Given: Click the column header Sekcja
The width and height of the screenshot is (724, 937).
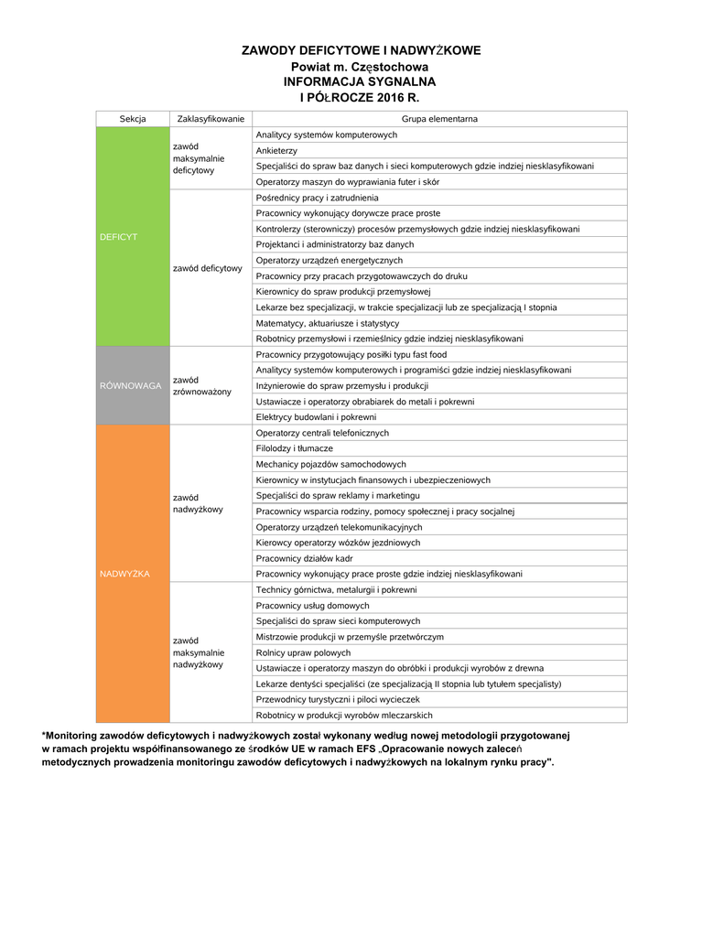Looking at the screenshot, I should [x=133, y=119].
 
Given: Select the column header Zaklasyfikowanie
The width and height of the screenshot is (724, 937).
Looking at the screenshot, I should [x=211, y=119].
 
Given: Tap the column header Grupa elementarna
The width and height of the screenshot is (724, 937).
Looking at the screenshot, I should [x=439, y=119].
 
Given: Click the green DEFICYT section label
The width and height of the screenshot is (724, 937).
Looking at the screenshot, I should [x=118, y=237].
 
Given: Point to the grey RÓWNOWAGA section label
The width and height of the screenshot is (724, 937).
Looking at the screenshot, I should [x=130, y=385].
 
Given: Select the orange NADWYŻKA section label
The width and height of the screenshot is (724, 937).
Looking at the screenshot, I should [x=125, y=574].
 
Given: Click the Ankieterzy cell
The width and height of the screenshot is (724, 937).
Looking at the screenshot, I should [x=276, y=150].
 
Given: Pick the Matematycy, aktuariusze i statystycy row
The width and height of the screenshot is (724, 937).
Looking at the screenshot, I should [x=328, y=323].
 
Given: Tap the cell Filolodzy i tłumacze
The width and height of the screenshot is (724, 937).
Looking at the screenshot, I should [x=295, y=448].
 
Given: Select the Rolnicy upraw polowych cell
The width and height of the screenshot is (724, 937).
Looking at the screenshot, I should [x=304, y=652].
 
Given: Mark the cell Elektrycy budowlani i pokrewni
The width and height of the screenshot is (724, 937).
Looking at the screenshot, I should [x=316, y=416].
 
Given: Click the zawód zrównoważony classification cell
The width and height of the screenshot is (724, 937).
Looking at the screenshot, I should [x=202, y=385].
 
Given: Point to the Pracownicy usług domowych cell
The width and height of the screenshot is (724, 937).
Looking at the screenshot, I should [x=313, y=606].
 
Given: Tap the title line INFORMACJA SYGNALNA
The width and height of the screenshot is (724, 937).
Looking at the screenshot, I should [x=360, y=81].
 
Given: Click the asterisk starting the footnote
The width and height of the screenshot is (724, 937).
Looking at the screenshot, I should [x=44, y=736].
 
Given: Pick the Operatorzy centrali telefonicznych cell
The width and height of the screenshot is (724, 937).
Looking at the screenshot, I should [x=322, y=433].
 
